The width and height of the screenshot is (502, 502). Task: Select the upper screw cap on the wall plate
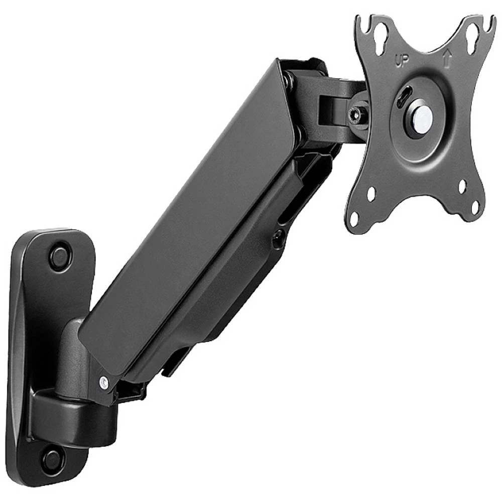[x=61, y=256]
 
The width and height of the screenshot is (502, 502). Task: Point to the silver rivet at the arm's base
[x=104, y=383]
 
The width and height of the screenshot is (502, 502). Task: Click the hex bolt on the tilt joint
[x=357, y=114]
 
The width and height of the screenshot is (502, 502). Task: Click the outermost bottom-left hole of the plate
[x=354, y=218]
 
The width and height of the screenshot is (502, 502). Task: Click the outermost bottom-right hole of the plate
[x=475, y=206]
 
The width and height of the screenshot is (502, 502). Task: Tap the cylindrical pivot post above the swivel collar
[x=70, y=356]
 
